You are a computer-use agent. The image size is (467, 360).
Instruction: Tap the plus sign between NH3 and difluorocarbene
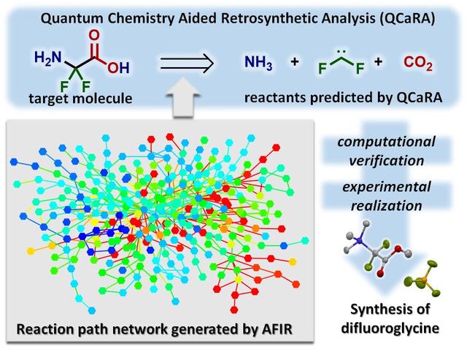tap(295, 64)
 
